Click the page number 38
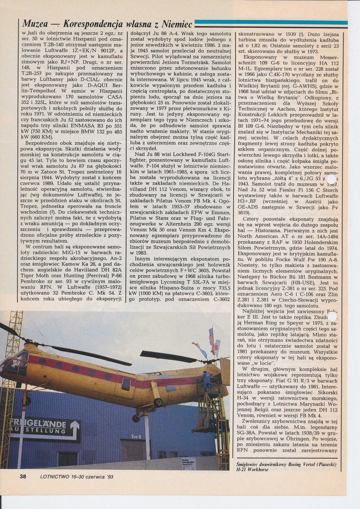[23, 476]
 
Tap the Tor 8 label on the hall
[135, 436]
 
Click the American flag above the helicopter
[211, 338]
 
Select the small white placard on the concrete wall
[188, 463]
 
